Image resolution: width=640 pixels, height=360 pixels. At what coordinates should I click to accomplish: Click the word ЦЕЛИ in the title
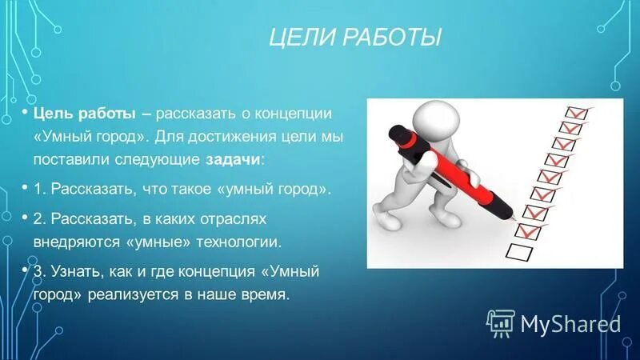[x=298, y=37]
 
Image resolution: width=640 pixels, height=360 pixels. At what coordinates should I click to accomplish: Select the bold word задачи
[x=232, y=159]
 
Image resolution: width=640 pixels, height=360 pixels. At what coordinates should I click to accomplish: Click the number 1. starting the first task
[x=39, y=189]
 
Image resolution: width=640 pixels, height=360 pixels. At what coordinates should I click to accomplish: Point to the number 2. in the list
[x=39, y=218]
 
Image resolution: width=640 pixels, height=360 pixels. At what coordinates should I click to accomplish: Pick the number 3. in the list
[x=39, y=271]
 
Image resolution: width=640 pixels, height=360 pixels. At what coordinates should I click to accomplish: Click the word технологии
[x=243, y=240]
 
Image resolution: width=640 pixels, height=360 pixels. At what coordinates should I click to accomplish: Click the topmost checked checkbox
[x=575, y=113]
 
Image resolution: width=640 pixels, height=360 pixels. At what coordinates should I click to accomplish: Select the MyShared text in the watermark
[x=570, y=323]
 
